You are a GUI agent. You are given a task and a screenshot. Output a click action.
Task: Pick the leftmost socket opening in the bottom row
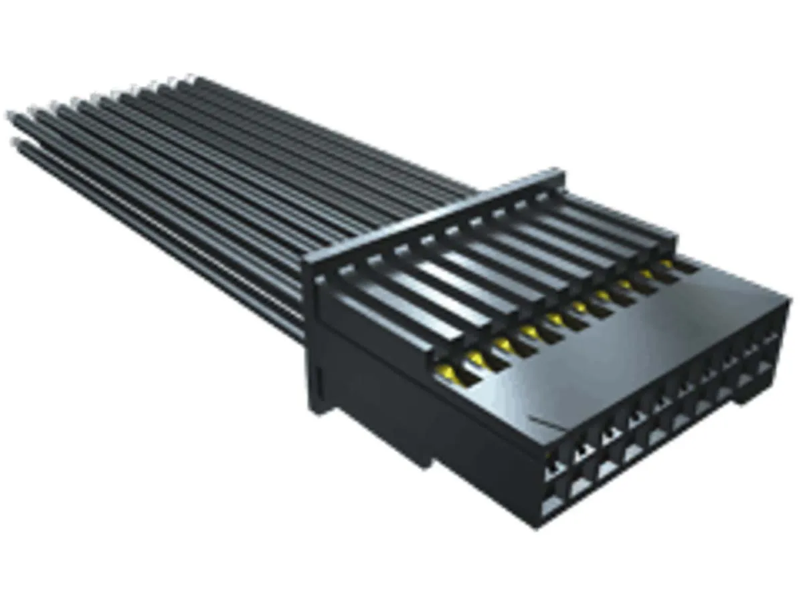pos(552,503)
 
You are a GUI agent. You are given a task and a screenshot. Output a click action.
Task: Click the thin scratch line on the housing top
pos(545,424)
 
